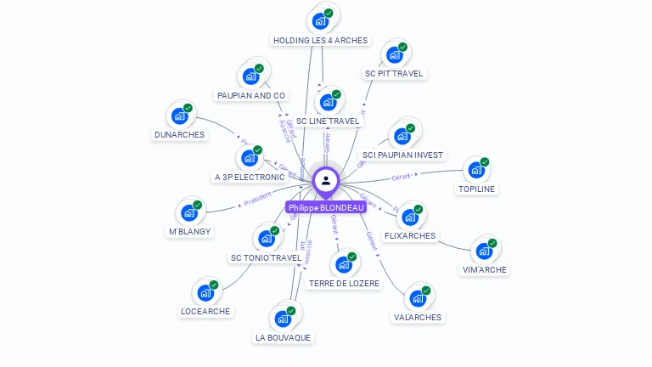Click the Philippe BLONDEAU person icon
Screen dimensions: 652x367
pyautogui.click(x=326, y=180)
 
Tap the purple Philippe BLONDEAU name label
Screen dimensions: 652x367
pyautogui.click(x=326, y=207)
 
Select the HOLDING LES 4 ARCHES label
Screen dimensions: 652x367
pyautogui.click(x=320, y=40)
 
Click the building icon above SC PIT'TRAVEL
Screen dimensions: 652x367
pyautogui.click(x=394, y=55)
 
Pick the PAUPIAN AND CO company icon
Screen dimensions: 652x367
pyautogui.click(x=250, y=76)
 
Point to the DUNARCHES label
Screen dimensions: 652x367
pyautogui.click(x=179, y=134)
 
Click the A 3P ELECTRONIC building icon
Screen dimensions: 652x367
pyautogui.click(x=249, y=158)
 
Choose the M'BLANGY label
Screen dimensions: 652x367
pyautogui.click(x=190, y=231)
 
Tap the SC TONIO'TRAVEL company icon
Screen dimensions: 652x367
pyautogui.click(x=265, y=239)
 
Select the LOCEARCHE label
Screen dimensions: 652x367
pyautogui.click(x=205, y=312)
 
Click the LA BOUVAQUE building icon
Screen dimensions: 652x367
pyautogui.click(x=282, y=319)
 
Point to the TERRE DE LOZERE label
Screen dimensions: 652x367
pyautogui.click(x=344, y=283)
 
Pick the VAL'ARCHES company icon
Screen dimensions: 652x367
pyautogui.click(x=417, y=298)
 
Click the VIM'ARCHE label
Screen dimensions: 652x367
pyautogui.click(x=484, y=269)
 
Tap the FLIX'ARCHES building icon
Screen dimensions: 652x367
pyautogui.click(x=409, y=217)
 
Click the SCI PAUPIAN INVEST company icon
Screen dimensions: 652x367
pyautogui.click(x=402, y=136)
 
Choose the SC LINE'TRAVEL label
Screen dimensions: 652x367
pyautogui.click(x=328, y=121)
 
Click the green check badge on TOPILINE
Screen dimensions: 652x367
pyautogui.click(x=485, y=161)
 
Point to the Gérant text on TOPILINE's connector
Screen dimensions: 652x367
pyautogui.click(x=401, y=177)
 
